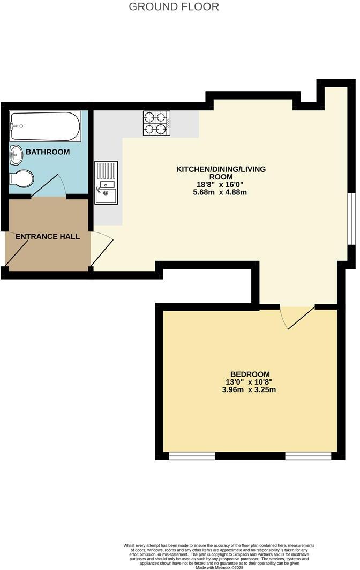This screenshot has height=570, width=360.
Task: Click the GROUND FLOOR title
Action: click(174, 7)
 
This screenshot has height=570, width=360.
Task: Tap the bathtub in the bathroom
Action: click(45, 126)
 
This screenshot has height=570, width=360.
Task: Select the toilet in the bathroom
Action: click(22, 178)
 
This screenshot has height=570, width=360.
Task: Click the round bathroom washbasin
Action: click(17, 155)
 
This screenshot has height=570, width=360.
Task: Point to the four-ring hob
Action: click(156, 123)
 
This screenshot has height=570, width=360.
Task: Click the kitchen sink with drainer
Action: click(106, 182)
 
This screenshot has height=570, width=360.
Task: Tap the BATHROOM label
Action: click(48, 152)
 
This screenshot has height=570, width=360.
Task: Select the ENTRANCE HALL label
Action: click(48, 236)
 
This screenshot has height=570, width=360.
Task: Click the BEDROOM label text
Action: click(250, 374)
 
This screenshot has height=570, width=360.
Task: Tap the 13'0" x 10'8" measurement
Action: click(250, 382)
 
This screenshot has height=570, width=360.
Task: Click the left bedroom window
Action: click(192, 456)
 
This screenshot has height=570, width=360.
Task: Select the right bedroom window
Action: click(308, 456)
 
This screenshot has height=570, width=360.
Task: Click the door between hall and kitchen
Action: click(102, 250)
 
